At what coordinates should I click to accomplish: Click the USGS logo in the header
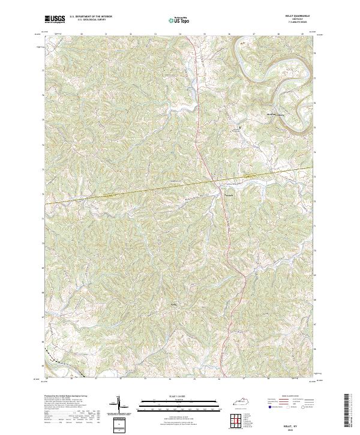coord(55,20)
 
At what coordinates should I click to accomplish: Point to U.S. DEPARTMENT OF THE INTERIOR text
coord(90,17)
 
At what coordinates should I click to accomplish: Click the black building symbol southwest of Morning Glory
coord(241,127)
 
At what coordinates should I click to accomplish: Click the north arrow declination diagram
coord(119,404)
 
